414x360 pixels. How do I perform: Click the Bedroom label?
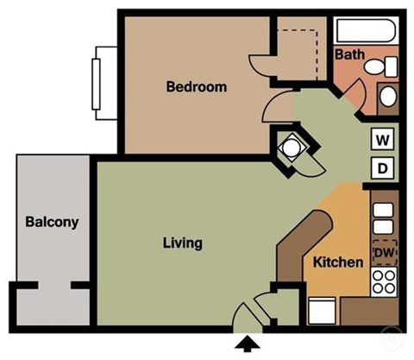(x=196, y=86)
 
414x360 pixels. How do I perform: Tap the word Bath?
(x=349, y=54)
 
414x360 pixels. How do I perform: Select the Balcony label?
(x=51, y=222)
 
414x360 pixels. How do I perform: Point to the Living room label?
(x=182, y=243)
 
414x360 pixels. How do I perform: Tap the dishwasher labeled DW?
(x=384, y=252)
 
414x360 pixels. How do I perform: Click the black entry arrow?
(x=247, y=344)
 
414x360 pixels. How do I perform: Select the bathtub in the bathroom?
(x=367, y=31)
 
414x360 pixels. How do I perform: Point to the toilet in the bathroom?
(x=385, y=66)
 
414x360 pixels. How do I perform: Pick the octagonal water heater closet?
(x=291, y=148)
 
